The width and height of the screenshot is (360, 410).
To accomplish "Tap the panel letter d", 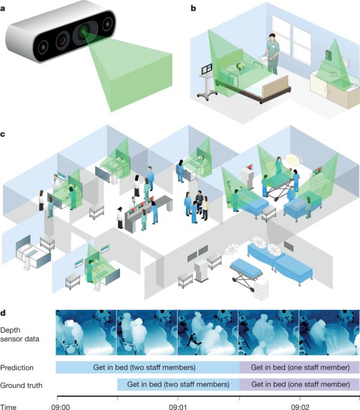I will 4,313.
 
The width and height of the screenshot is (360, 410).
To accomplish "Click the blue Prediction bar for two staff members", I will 147,367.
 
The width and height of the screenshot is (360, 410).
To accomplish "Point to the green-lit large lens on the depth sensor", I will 85,33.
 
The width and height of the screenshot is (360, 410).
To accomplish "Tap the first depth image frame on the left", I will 86,333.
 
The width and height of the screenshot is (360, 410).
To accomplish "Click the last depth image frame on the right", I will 329,333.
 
